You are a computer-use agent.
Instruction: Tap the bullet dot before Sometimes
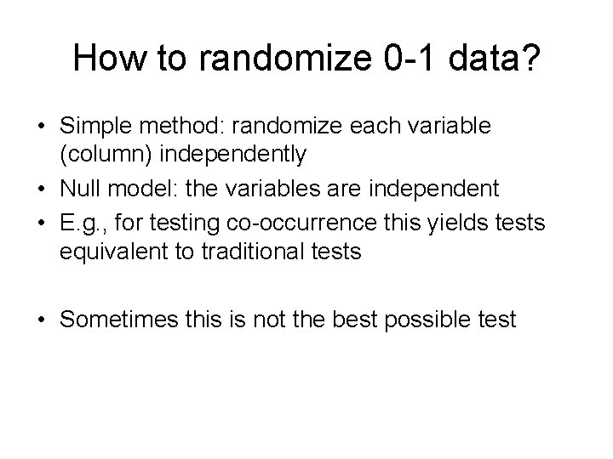point(42,320)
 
